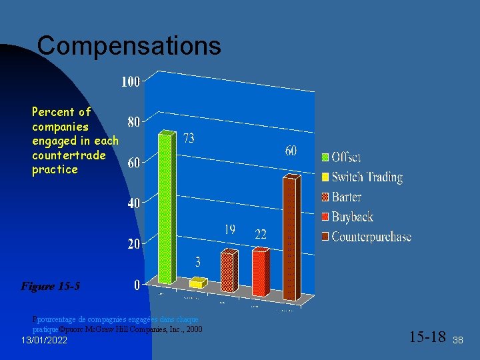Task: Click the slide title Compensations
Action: click(129, 46)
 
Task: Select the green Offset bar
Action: click(165, 207)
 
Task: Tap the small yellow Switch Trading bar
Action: click(197, 283)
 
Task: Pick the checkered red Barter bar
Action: click(228, 271)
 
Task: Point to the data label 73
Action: click(189, 138)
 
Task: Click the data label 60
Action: click(291, 151)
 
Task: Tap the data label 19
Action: click(229, 229)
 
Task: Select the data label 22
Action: click(260, 234)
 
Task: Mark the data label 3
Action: click(197, 261)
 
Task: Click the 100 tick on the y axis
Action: click(130, 82)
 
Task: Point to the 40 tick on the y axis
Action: click(133, 203)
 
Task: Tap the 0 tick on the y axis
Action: click(137, 285)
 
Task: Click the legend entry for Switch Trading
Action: click(367, 177)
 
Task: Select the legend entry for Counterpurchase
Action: click(371, 237)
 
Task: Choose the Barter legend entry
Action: click(346, 197)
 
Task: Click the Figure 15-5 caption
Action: click(51, 287)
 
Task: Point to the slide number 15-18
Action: click(427, 335)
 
